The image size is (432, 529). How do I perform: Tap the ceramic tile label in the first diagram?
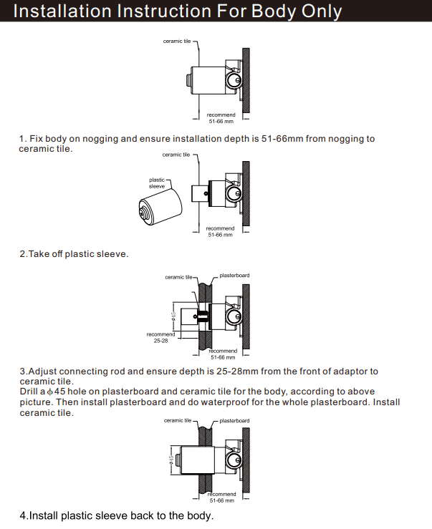(177, 41)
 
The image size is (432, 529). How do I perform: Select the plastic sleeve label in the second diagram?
(157, 183)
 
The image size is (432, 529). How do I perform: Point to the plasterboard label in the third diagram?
(234, 276)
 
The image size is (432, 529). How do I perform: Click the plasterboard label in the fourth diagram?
(234, 420)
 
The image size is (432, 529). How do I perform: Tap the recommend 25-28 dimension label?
(160, 337)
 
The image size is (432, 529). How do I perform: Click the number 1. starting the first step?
(23, 139)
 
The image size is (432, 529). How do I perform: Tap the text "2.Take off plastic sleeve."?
(74, 254)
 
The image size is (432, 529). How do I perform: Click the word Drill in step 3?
(31, 392)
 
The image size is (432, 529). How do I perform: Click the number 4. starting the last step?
(24, 515)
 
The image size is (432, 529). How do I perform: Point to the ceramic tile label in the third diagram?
(179, 276)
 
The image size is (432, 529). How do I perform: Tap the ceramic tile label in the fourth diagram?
(178, 421)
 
